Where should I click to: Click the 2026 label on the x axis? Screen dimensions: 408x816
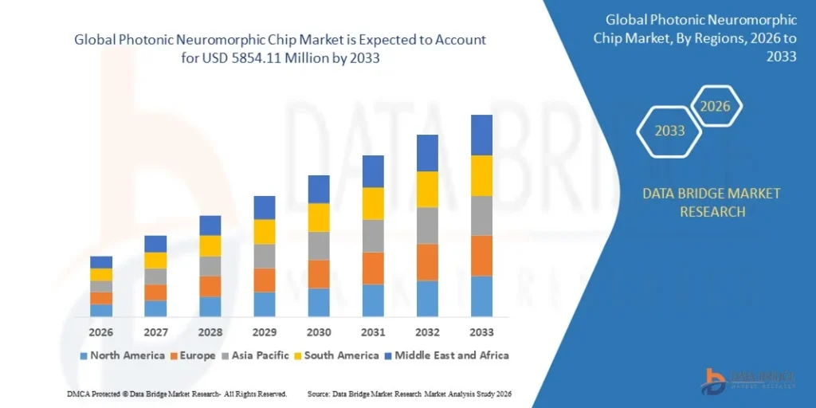pos(101,331)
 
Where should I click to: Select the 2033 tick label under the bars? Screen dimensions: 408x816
pos(481,331)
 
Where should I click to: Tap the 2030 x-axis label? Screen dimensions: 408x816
pos(319,331)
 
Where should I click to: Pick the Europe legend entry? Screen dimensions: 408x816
pos(190,355)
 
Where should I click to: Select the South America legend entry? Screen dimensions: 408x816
pos(338,355)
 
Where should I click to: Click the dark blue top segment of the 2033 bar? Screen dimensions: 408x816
pos(481,135)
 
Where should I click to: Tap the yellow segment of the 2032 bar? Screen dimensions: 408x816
pos(427,189)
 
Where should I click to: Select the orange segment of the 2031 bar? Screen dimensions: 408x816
pos(373,268)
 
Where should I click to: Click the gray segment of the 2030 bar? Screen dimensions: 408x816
pos(319,245)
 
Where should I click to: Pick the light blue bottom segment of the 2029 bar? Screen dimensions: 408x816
pos(265,304)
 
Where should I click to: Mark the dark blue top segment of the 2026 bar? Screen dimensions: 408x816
pos(101,262)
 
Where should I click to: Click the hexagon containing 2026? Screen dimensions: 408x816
pos(715,106)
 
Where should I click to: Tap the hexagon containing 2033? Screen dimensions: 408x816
pos(669,131)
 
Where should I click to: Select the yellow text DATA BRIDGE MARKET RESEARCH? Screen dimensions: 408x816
pos(700,202)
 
